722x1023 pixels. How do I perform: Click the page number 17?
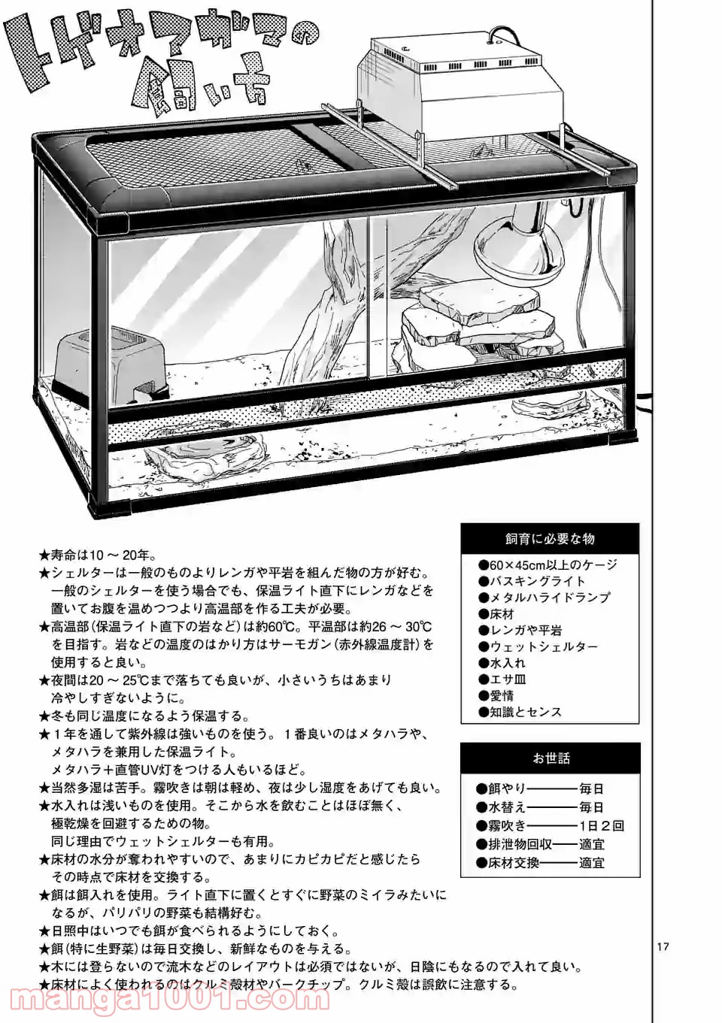pos(663,947)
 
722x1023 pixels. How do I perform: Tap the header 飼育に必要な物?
pos(551,539)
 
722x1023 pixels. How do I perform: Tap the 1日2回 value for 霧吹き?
pos(602,826)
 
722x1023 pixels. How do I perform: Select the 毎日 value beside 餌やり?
pos(592,789)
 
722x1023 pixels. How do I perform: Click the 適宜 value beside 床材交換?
pos(592,864)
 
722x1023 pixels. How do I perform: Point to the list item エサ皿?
pos(508,679)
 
